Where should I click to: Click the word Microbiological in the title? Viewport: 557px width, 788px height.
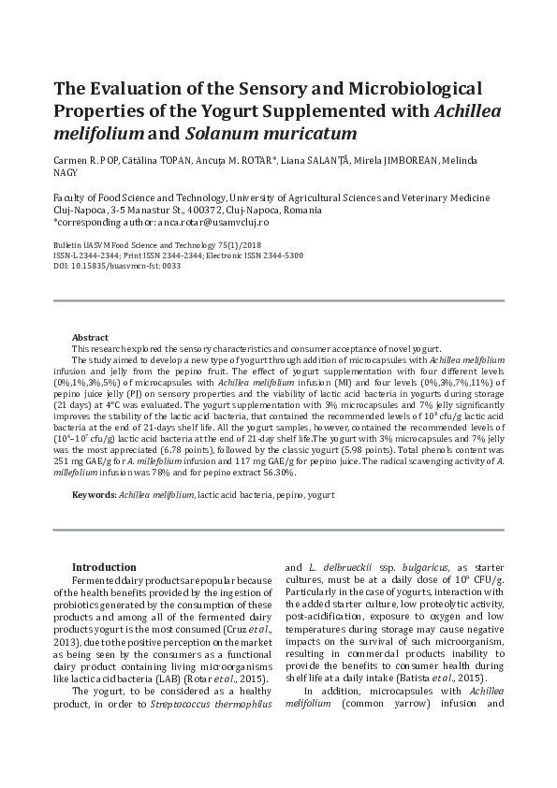coord(403,89)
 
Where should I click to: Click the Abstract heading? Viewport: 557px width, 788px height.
coord(90,338)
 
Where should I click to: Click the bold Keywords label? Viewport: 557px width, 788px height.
coord(94,493)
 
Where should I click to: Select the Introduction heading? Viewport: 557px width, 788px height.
coord(104,567)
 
